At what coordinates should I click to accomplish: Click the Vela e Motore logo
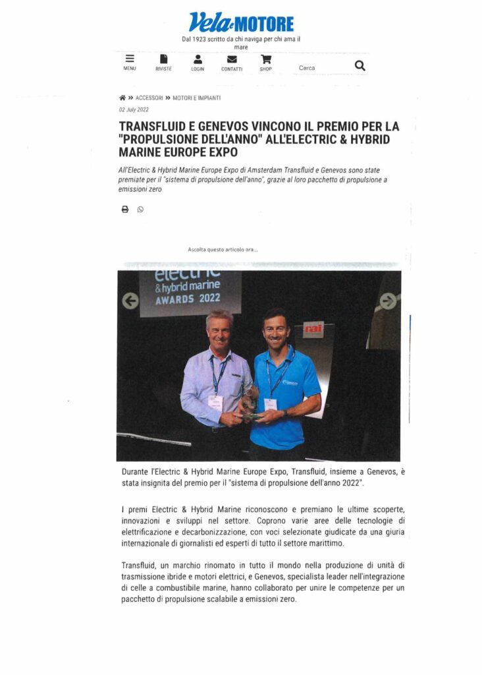coord(241,22)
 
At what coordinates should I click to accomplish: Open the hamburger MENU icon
coord(130,59)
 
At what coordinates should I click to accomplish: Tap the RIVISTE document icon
coord(163,59)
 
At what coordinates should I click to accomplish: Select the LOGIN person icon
coord(198,59)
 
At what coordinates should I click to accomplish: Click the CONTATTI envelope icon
coord(232,59)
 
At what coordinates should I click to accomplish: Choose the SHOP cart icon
coord(265,59)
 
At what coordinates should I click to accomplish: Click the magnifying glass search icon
coord(360,65)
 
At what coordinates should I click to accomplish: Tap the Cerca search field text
coord(307,68)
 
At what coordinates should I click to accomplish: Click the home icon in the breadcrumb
coord(122,98)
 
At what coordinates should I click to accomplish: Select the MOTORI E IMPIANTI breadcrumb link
coord(196,98)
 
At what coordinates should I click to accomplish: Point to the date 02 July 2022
coord(134,110)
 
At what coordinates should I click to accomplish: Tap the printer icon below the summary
coord(124,210)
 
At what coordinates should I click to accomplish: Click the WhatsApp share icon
coord(140,210)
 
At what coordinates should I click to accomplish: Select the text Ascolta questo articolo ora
coord(223,250)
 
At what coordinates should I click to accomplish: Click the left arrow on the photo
coord(130,301)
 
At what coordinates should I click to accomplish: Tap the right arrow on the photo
coord(388,301)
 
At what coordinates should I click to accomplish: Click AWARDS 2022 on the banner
coord(188,298)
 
